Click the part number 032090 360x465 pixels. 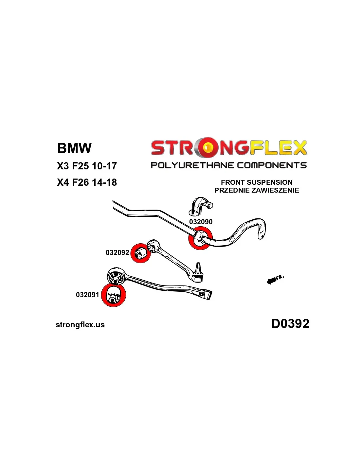click(x=201, y=222)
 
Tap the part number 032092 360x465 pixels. click(x=117, y=252)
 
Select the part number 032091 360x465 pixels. click(x=87, y=295)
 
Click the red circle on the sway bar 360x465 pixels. click(x=200, y=238)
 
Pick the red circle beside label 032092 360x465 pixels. click(x=140, y=253)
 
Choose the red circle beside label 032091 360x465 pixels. click(x=113, y=295)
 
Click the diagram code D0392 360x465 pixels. click(x=290, y=323)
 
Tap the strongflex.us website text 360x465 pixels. click(x=80, y=325)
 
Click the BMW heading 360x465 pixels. click(x=74, y=148)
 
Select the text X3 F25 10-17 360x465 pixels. click(x=87, y=166)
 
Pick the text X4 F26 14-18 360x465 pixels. click(x=87, y=182)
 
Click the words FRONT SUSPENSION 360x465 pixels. click(x=257, y=182)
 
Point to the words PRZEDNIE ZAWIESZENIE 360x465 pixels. click(x=257, y=190)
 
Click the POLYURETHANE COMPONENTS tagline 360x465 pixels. click(x=228, y=165)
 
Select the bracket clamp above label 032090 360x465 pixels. click(x=201, y=206)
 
